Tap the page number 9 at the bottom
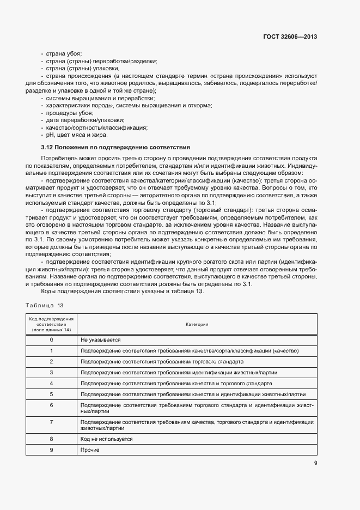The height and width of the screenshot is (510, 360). click(x=315, y=464)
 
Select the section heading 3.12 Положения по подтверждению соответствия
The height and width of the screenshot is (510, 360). click(x=115, y=147)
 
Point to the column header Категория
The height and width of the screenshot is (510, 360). click(x=197, y=324)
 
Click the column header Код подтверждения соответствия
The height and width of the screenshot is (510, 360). click(x=51, y=324)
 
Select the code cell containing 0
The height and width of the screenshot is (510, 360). click(x=51, y=339)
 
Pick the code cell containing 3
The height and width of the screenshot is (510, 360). click(x=51, y=372)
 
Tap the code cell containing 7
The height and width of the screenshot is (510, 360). click(x=51, y=422)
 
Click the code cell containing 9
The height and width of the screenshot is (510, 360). click(x=51, y=449)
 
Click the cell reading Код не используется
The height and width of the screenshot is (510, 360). click(x=106, y=438)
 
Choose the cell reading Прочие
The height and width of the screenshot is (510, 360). click(x=89, y=449)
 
